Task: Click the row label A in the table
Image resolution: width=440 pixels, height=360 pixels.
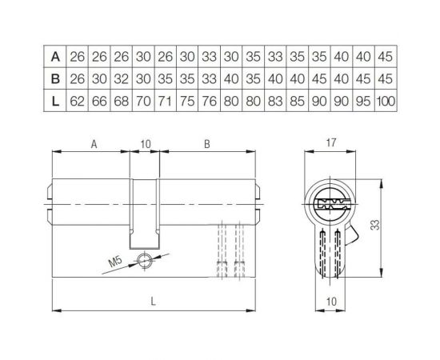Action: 55,56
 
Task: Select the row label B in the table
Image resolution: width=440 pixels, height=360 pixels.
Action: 55,78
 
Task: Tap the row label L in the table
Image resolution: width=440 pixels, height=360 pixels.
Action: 55,101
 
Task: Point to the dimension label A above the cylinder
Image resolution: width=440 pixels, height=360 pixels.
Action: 94,145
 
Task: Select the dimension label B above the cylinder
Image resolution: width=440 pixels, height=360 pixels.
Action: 206,145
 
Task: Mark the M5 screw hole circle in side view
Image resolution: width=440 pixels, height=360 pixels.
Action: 143,258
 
